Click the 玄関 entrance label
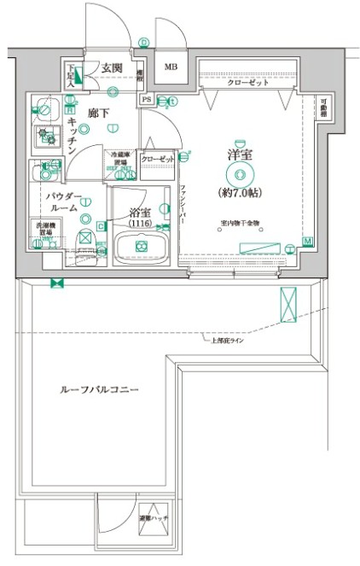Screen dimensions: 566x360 pos(113,68)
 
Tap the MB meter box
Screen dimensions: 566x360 pos(171,67)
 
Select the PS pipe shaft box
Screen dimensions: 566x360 pos(147,99)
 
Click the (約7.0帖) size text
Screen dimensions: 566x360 pos(240,192)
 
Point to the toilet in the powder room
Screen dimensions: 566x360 pos(85,239)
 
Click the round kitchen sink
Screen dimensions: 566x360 pos(45,108)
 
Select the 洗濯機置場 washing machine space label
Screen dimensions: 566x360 pos(41,230)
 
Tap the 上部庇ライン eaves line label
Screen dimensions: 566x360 pos(228,340)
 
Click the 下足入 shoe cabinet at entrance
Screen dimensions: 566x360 pos(74,76)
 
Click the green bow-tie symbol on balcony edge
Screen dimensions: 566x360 pos(57,283)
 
